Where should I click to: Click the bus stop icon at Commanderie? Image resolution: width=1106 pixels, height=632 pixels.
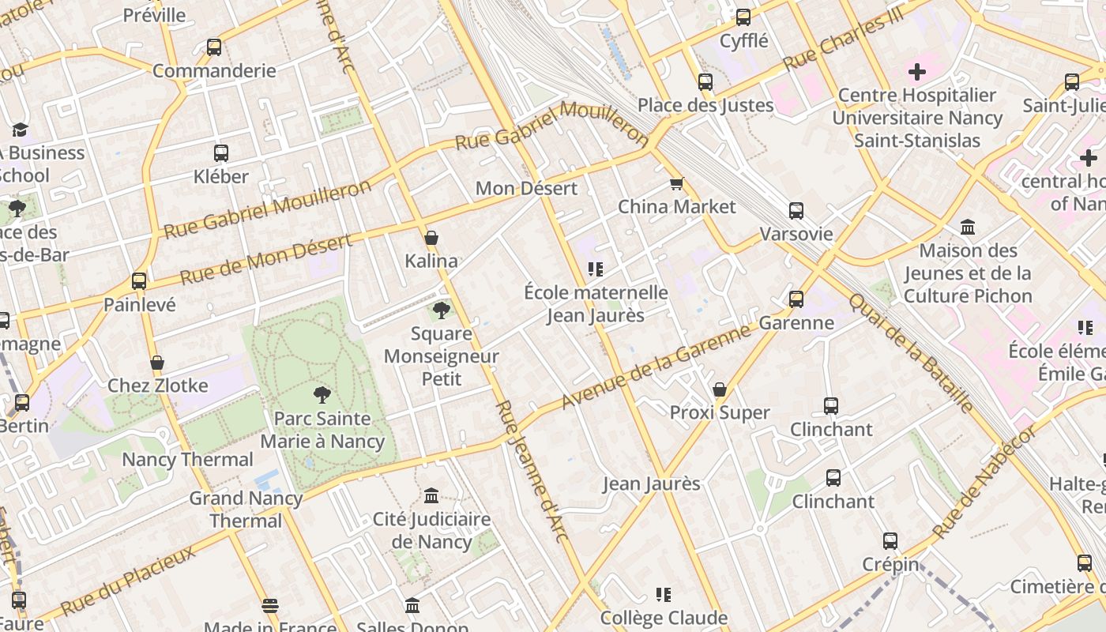tap(214, 47)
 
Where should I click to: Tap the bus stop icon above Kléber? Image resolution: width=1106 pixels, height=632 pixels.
tap(221, 153)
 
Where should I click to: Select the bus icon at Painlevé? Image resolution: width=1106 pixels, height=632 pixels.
tap(139, 281)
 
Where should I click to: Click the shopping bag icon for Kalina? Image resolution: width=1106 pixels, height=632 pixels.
tap(431, 238)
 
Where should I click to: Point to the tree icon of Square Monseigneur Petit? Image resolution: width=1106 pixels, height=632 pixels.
tap(442, 310)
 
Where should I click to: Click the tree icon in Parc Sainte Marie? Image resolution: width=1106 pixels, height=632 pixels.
tap(322, 394)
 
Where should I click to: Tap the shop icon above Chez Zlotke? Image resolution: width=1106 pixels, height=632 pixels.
tap(157, 363)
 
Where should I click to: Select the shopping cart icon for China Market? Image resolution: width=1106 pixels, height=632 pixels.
tap(676, 184)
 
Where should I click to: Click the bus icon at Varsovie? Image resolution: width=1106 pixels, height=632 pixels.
tap(796, 211)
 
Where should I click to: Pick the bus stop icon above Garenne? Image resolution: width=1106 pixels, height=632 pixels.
tap(796, 299)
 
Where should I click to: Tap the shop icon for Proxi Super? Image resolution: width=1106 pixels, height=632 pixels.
tap(719, 389)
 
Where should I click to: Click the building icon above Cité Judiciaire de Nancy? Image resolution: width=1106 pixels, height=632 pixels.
tap(431, 496)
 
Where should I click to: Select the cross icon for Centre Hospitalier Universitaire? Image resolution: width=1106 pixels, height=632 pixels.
tap(916, 73)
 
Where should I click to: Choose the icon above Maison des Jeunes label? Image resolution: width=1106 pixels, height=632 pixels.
tap(968, 228)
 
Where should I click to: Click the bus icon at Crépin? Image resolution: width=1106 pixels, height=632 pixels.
tap(890, 541)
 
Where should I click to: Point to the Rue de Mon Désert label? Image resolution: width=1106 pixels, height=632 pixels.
tap(265, 260)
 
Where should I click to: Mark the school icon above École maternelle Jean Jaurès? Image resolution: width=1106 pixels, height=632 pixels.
tap(596, 269)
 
